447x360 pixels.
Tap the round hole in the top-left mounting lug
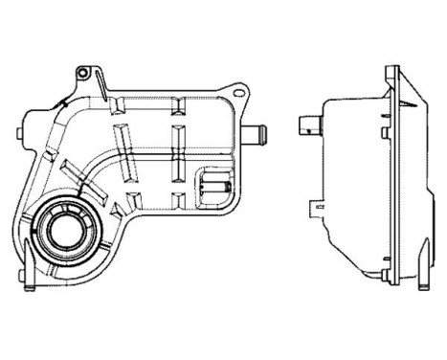tap(85, 74)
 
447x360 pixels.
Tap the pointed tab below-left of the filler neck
tap(35, 281)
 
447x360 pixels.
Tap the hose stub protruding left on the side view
tap(308, 123)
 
